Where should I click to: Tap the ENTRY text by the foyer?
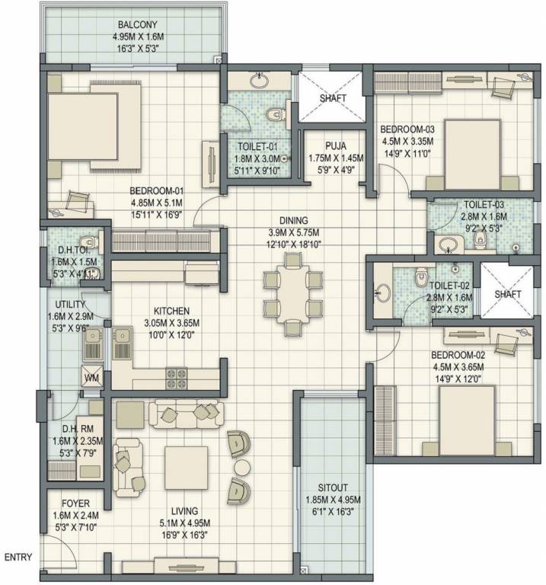[19, 558]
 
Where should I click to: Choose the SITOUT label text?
[331, 488]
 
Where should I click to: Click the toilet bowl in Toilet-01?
[276, 115]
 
